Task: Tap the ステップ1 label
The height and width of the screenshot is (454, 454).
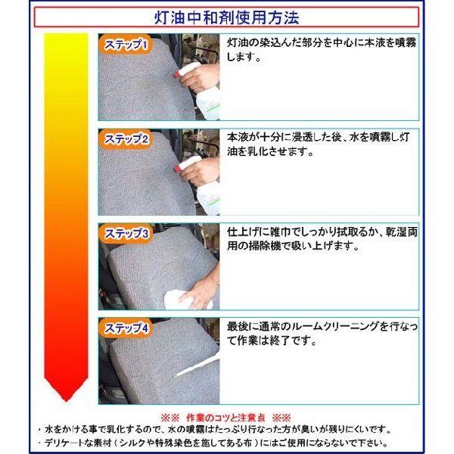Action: click(x=126, y=44)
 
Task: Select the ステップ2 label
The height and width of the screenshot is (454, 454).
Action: click(x=126, y=139)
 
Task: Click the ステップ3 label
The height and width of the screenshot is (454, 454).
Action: click(x=126, y=234)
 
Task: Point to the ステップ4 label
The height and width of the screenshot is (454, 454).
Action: click(x=126, y=328)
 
